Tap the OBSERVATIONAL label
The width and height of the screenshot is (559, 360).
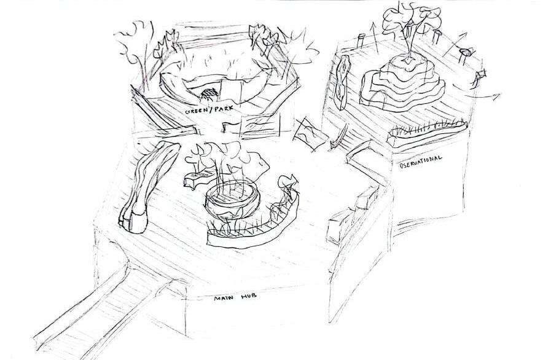(421, 161)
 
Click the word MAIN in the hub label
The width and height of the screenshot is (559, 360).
(222, 299)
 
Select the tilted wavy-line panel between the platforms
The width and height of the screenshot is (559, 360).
(307, 133)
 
